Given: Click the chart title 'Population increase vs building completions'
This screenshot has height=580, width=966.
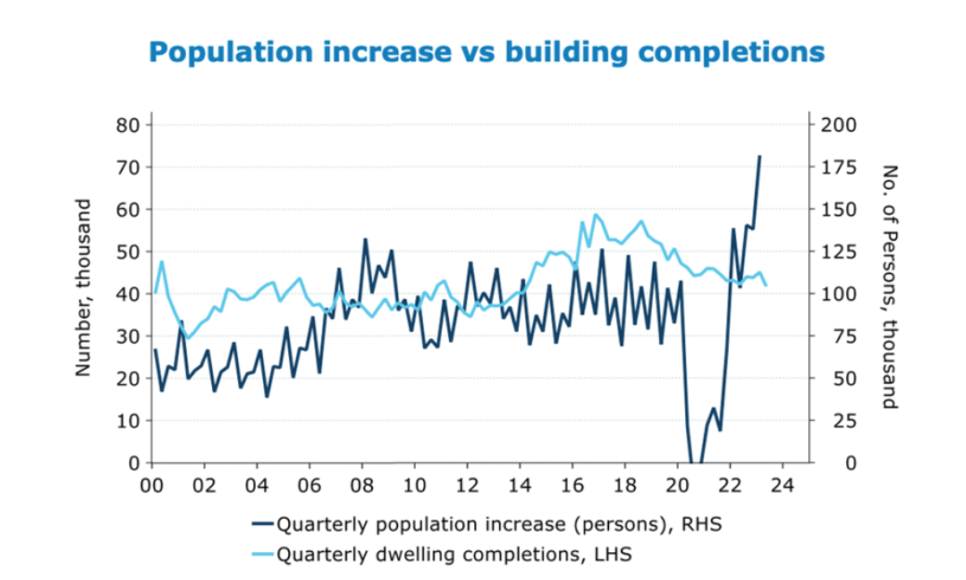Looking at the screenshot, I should pyautogui.click(x=486, y=51).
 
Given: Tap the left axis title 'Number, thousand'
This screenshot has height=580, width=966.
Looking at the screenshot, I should pyautogui.click(x=84, y=287).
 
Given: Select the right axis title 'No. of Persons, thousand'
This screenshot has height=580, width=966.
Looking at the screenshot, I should pyautogui.click(x=890, y=287).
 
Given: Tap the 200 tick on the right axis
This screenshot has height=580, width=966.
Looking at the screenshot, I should pyautogui.click(x=840, y=125).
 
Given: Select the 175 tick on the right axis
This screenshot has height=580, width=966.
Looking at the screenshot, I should pyautogui.click(x=840, y=167).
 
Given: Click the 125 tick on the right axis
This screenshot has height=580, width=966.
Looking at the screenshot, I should pyautogui.click(x=840, y=252).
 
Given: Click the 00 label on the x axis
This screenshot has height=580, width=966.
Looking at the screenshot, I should pyautogui.click(x=152, y=485).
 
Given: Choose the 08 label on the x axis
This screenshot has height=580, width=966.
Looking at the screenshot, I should pyautogui.click(x=363, y=485).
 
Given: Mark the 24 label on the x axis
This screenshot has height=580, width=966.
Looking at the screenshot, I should pyautogui.click(x=783, y=485).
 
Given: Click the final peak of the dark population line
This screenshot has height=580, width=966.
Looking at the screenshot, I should pyautogui.click(x=760, y=156).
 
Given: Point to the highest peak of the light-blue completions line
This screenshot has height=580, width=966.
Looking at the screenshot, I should pyautogui.click(x=596, y=215).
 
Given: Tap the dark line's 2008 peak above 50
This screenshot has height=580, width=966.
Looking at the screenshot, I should pyautogui.click(x=365, y=240).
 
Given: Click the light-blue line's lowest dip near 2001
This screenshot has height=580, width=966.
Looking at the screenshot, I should pyautogui.click(x=189, y=338).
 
